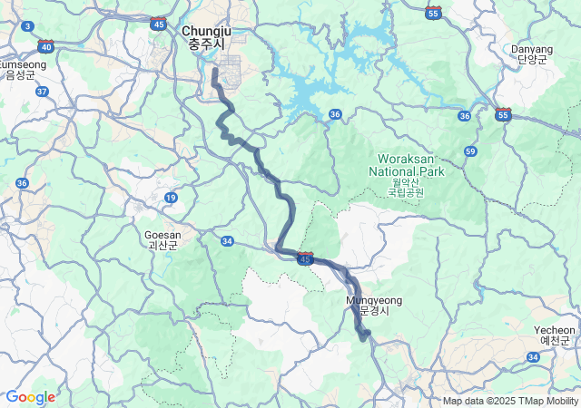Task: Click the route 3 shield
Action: (x=28, y=26)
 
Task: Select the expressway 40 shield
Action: (x=45, y=44)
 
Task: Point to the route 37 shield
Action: (x=42, y=91)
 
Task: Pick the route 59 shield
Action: (x=469, y=151)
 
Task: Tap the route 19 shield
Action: (x=171, y=197)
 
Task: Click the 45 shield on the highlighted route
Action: (x=305, y=259)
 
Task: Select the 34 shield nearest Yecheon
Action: (x=533, y=357)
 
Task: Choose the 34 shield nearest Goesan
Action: (x=227, y=241)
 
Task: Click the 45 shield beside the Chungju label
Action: (x=160, y=24)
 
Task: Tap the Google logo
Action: (x=30, y=397)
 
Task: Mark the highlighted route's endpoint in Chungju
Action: (x=215, y=70)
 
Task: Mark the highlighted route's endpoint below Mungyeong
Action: (x=365, y=337)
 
